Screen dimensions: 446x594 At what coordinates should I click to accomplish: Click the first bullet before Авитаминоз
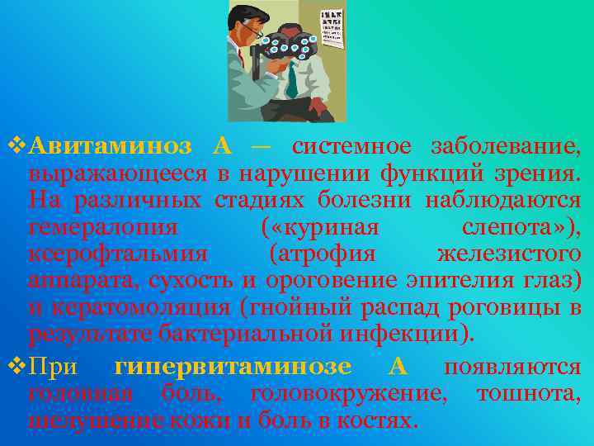pyautogui.click(x=16, y=147)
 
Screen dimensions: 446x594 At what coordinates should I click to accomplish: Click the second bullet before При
pyautogui.click(x=16, y=366)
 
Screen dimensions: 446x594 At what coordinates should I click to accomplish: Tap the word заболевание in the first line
pyautogui.click(x=506, y=147)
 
